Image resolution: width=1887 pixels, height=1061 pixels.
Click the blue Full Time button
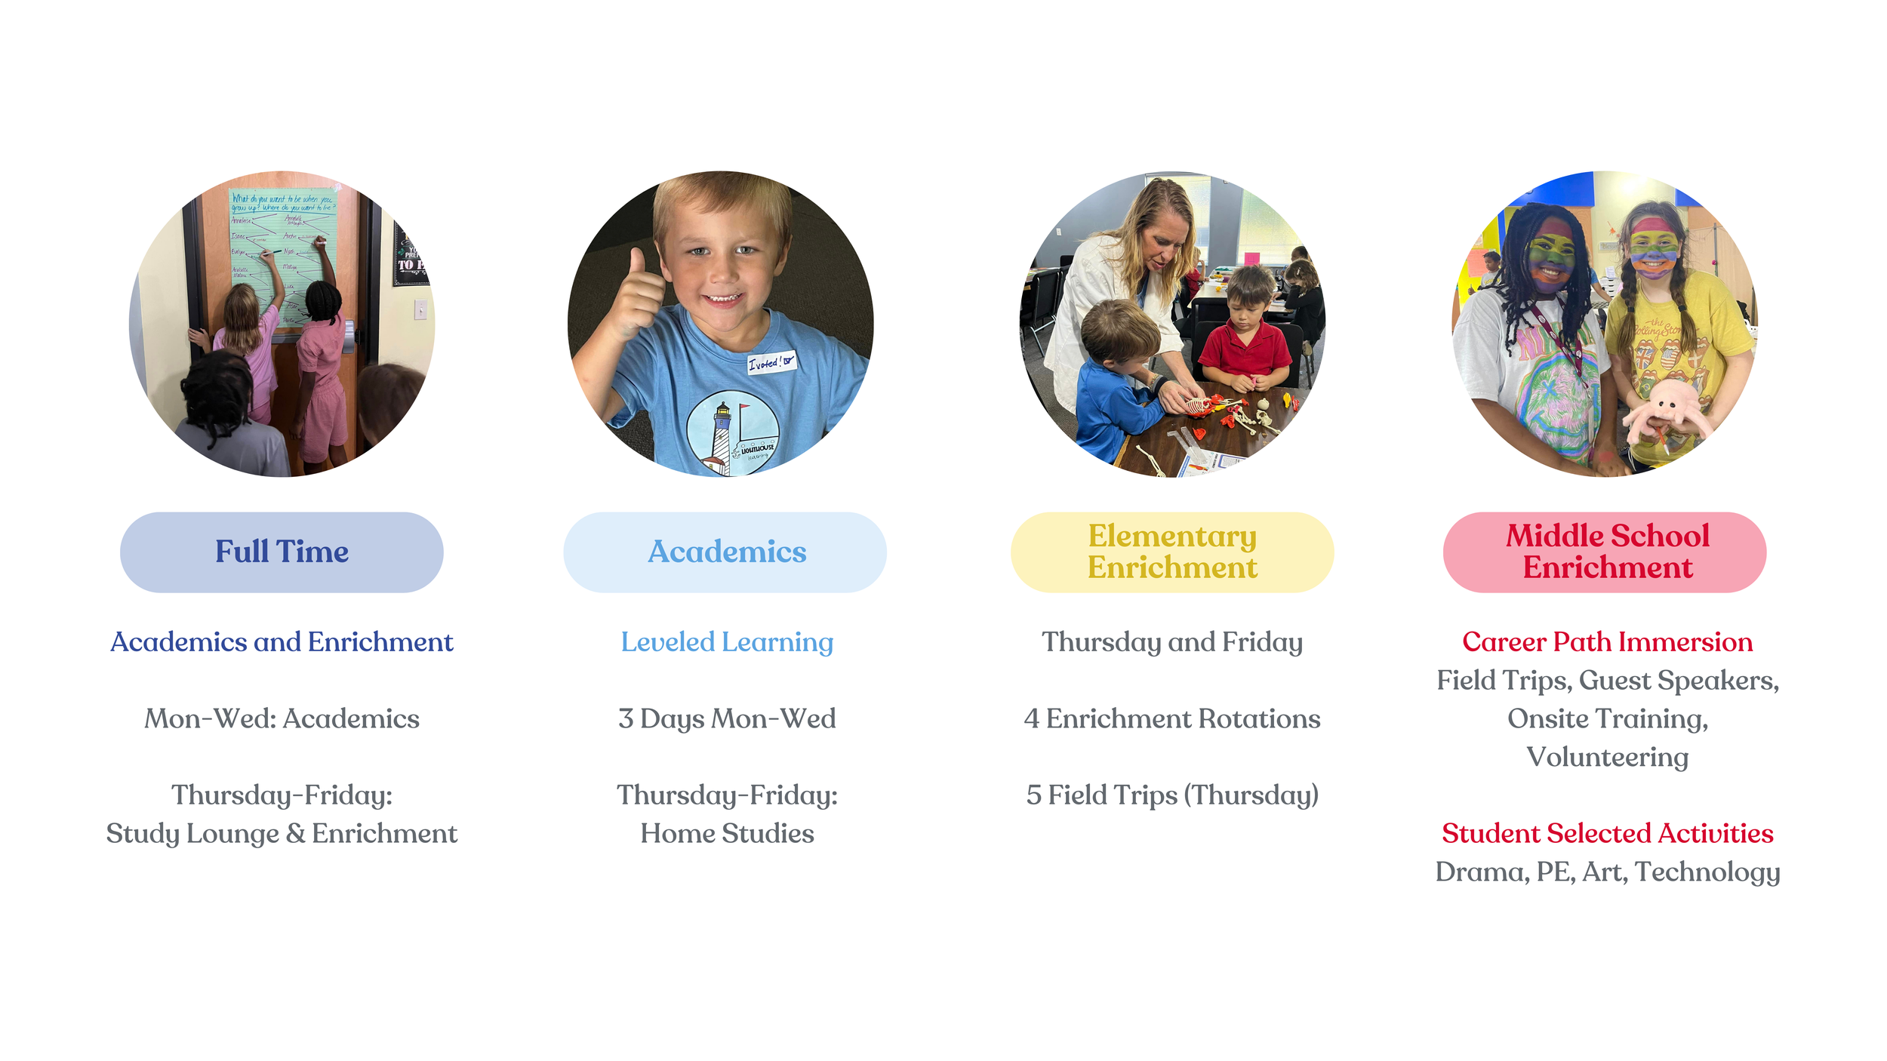point(282,552)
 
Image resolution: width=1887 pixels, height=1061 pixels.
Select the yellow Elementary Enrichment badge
point(1171,552)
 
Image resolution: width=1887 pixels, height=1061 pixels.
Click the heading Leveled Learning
point(726,641)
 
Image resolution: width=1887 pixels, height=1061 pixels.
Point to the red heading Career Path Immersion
point(1606,641)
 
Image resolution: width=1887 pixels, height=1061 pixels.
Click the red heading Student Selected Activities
point(1606,833)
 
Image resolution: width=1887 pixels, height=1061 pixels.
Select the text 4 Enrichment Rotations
point(1171,718)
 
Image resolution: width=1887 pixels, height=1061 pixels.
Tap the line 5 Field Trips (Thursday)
point(1171,795)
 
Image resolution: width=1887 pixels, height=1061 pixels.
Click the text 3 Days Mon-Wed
point(726,718)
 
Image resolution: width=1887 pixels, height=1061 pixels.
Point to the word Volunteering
point(1606,757)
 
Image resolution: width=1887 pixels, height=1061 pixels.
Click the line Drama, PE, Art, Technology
point(1606,872)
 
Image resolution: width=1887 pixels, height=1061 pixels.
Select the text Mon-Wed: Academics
point(282,718)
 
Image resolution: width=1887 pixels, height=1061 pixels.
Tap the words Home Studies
point(726,833)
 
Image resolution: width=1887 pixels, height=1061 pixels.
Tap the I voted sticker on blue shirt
point(771,362)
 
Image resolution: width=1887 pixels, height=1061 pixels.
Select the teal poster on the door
point(283,249)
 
